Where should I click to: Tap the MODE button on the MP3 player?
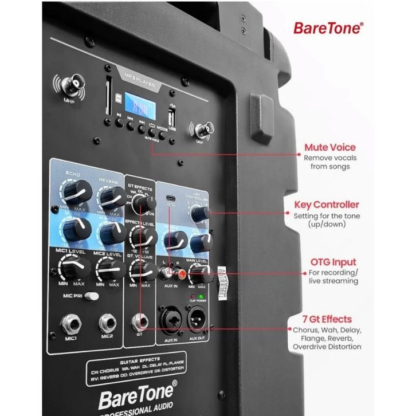point(163,135)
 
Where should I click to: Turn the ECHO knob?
point(79,191)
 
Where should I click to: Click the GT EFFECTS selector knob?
point(139,204)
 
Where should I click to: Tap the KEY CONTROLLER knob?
point(200,214)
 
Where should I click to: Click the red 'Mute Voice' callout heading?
point(329,147)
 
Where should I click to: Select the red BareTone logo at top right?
point(328,28)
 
